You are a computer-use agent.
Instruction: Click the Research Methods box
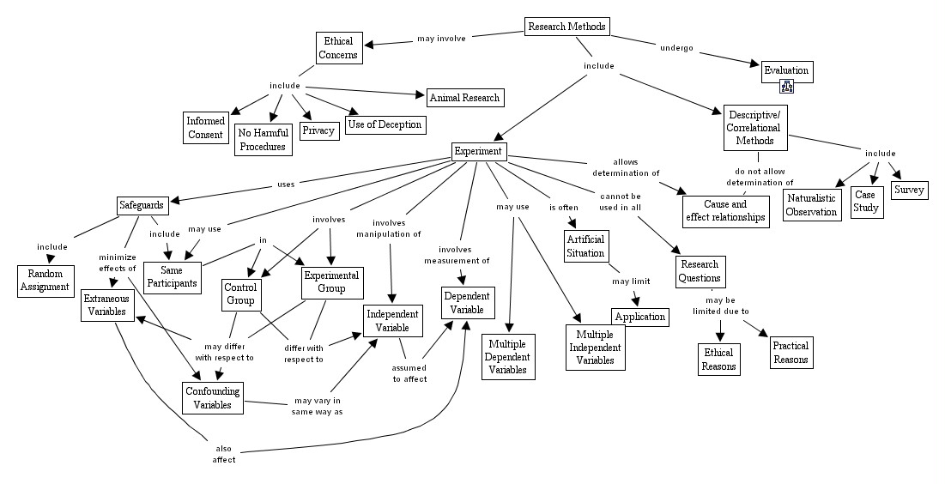(567, 27)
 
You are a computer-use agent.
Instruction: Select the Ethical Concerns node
(338, 48)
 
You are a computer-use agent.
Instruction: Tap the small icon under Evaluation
(785, 85)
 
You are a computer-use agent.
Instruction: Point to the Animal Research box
(463, 97)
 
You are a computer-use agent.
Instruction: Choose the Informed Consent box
(205, 128)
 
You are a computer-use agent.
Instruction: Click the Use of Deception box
(385, 124)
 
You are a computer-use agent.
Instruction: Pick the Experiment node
(479, 152)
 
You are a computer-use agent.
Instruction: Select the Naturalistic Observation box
(812, 205)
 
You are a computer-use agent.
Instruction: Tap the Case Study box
(866, 202)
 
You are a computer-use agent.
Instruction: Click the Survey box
(909, 190)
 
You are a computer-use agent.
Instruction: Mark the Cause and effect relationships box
(725, 211)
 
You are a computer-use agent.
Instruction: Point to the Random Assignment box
(44, 281)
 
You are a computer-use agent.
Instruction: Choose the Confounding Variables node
(212, 396)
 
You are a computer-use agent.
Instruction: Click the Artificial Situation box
(586, 246)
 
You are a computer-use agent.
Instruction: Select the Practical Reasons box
(791, 353)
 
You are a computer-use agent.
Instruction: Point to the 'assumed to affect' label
(409, 372)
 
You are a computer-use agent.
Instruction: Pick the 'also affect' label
(224, 453)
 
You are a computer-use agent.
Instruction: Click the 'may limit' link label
(631, 281)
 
